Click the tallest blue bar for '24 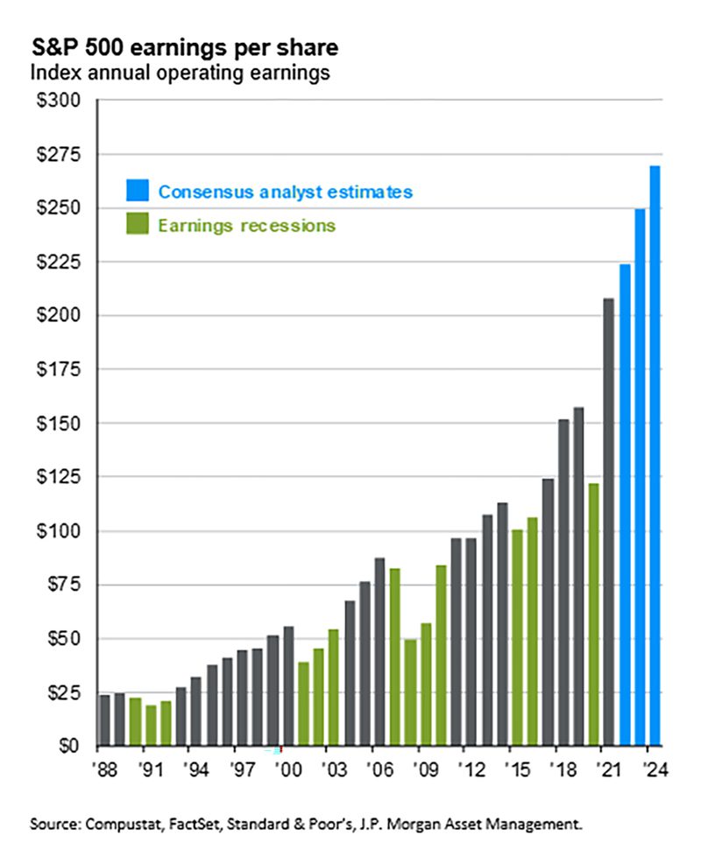point(655,455)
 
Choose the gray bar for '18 point(563,583)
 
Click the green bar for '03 point(334,688)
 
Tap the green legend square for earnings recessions point(138,225)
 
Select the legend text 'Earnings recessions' point(247,225)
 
